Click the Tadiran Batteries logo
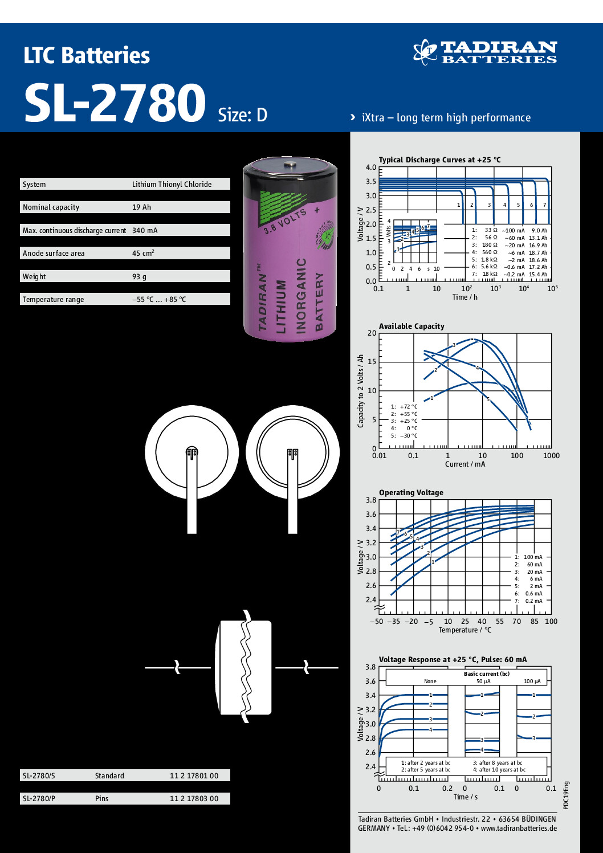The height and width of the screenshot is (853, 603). point(485,52)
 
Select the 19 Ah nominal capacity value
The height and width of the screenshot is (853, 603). point(141,207)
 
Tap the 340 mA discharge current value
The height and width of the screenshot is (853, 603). point(145,230)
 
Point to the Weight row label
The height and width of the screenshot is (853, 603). point(34,276)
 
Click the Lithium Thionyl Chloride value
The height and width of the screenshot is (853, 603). point(172,184)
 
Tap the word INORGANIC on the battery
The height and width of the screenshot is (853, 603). point(301,296)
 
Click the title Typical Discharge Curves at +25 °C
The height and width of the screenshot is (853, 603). point(439,160)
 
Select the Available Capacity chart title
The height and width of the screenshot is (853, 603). point(411,326)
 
